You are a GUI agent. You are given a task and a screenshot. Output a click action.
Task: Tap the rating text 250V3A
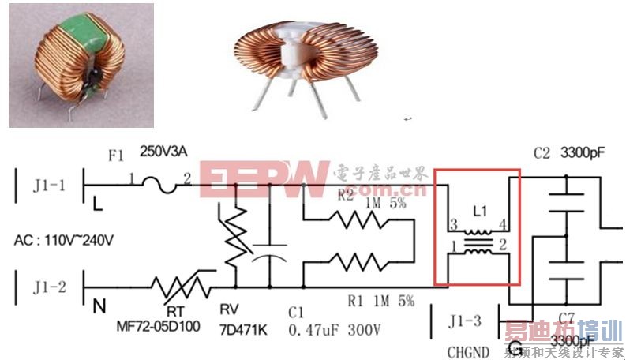tap(165, 150)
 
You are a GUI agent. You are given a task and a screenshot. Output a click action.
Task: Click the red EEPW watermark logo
tap(264, 178)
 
